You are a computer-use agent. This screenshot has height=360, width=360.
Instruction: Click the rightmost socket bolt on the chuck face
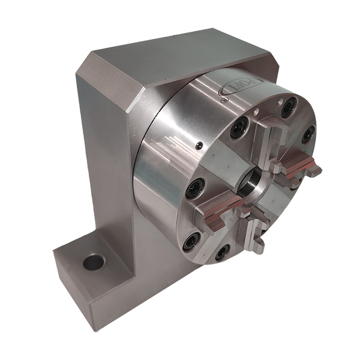click(x=308, y=133)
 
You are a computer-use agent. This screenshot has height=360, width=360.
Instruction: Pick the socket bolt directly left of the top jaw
click(x=239, y=127)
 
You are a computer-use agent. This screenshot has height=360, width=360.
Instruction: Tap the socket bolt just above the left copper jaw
click(x=196, y=188)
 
